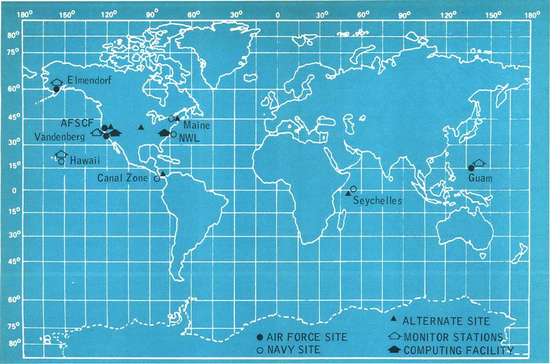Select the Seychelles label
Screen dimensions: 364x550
point(378,201)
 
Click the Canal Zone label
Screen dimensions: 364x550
point(125,178)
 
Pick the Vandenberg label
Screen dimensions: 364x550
point(59,138)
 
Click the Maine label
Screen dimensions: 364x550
point(195,125)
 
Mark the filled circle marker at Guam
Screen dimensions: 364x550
point(471,168)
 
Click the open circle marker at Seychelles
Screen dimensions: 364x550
point(353,189)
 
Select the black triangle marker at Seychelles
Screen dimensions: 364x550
point(348,194)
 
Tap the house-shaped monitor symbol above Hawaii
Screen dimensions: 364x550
point(61,154)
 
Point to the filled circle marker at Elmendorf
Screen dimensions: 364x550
point(56,89)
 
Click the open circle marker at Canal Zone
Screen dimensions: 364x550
point(156,178)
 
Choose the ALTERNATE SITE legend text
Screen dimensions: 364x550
point(446,322)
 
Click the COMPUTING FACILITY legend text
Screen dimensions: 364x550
point(459,350)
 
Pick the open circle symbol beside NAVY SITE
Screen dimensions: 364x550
point(260,350)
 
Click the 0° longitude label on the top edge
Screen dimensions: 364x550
point(277,14)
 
